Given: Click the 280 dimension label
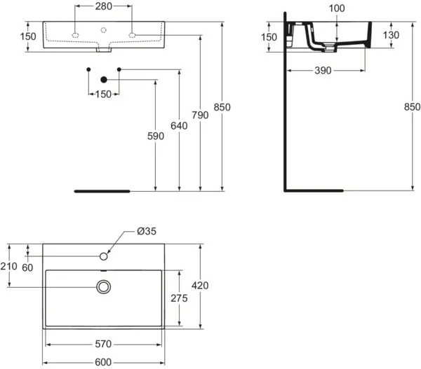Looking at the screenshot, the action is point(104,6).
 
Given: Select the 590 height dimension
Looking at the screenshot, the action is point(156,136).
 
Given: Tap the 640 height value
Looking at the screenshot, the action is point(179,125).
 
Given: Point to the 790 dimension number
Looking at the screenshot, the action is point(200,116).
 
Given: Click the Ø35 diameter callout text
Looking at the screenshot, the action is point(147,231).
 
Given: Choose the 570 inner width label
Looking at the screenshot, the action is point(103,344).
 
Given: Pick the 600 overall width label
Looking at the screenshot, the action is point(103,362).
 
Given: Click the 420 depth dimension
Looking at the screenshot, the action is point(200,286).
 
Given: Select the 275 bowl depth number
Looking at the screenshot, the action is point(179,298).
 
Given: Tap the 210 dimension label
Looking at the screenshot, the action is point(8,266).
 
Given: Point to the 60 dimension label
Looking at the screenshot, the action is point(27,267).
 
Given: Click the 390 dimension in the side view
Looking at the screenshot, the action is point(323,71).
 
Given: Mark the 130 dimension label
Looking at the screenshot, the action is point(391,35).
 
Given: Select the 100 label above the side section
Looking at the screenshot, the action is point(337,8).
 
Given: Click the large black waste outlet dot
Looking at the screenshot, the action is point(104,80).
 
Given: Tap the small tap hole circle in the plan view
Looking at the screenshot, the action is point(104,256).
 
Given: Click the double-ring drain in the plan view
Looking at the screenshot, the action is point(103,287).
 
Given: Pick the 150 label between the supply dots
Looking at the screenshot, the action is point(104,95).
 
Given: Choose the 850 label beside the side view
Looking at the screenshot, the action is point(412,107).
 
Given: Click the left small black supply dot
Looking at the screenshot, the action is point(88,70).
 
